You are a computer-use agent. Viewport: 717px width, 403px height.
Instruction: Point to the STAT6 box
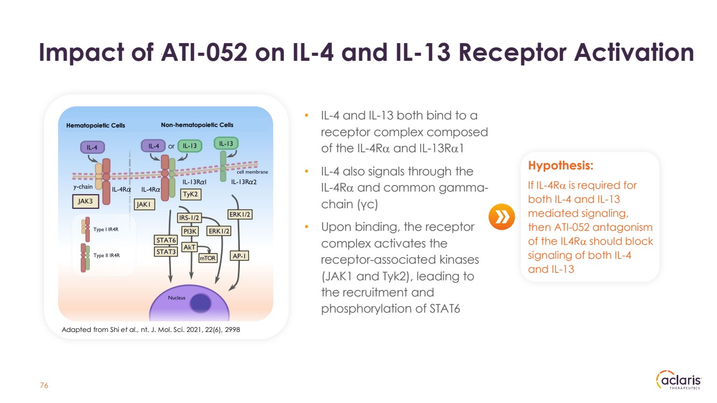coord(166,240)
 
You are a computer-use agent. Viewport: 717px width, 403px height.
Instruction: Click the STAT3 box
coord(166,252)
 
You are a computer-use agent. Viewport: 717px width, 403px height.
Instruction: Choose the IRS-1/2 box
coord(189,218)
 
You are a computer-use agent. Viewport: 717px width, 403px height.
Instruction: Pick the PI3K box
coord(190,231)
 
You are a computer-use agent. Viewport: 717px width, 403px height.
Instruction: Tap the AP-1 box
coord(239,256)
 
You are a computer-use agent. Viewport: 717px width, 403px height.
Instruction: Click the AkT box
coord(189,246)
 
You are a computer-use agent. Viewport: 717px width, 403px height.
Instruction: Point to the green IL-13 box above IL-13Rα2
coord(226,143)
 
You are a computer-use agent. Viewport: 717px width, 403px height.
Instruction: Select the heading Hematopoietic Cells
coord(96,125)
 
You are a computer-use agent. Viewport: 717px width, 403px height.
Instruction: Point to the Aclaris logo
coord(679,380)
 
